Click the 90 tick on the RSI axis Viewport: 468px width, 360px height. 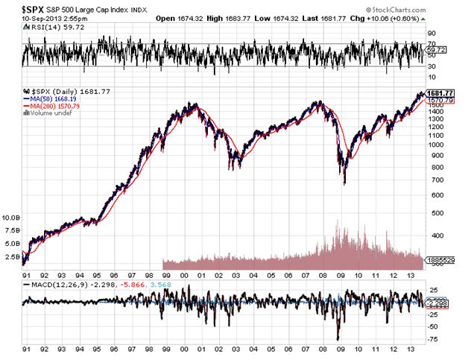point(430,34)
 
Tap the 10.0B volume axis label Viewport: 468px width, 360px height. point(12,218)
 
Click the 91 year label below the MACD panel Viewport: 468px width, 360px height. point(28,349)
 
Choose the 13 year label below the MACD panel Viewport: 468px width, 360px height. point(411,349)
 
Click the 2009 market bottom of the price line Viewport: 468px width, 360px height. point(344,183)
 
